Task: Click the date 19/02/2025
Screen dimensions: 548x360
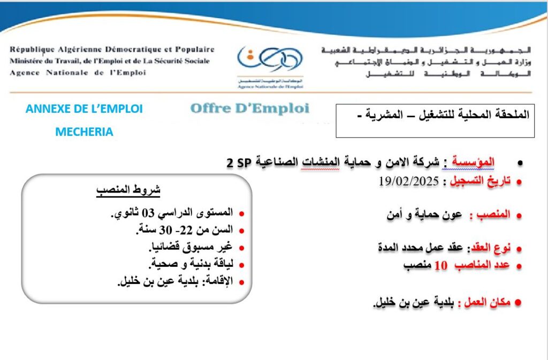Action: coord(408,181)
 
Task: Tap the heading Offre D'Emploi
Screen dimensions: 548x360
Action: coord(250,108)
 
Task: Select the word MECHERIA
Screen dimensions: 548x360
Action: coord(84,132)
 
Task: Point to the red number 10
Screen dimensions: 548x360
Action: coord(441,266)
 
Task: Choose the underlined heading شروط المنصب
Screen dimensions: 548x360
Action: coord(128,190)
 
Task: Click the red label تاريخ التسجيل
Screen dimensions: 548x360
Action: coord(480,181)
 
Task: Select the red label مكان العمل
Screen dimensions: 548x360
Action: coord(487,303)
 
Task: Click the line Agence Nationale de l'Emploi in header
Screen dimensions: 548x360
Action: coord(78,73)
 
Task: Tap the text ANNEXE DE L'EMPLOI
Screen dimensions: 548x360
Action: coord(84,109)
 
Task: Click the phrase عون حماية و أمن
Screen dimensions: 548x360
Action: coord(424,215)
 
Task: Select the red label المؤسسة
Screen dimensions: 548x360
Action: coord(473,162)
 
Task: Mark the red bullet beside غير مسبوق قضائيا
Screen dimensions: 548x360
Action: coord(241,248)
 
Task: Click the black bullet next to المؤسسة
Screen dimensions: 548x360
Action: coord(520,163)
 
